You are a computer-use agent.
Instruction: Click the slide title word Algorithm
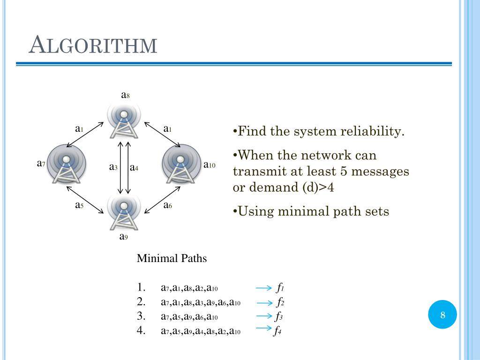click(x=93, y=45)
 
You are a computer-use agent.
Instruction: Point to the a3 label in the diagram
click(x=113, y=167)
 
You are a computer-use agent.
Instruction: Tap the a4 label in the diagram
click(x=134, y=167)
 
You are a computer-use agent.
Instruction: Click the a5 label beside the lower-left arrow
click(x=79, y=205)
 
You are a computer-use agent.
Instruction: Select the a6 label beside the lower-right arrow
click(x=167, y=205)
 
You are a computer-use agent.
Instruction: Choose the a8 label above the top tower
click(x=125, y=95)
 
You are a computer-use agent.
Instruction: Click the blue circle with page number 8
click(x=442, y=315)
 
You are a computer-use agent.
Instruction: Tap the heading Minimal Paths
click(x=172, y=258)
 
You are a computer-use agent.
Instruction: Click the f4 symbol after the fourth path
click(x=278, y=331)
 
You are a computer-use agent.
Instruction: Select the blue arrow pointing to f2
click(x=264, y=302)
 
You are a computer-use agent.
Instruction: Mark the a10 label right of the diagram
click(x=209, y=165)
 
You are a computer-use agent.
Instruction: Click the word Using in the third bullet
click(x=254, y=211)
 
